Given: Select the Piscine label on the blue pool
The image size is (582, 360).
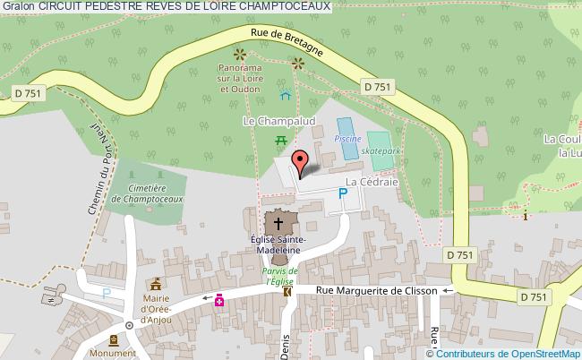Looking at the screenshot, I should click(347, 140).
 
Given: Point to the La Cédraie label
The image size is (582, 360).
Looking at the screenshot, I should click(372, 181).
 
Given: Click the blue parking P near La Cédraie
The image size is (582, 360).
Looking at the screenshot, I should click(342, 192).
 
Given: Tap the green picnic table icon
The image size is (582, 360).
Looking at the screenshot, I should click(280, 139).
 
